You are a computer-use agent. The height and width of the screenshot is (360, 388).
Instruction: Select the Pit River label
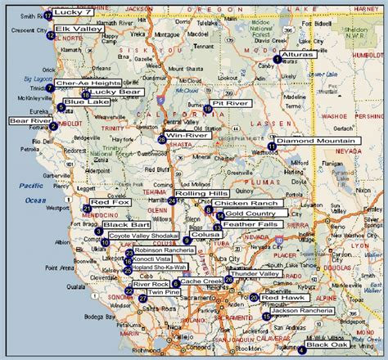pos(228,105)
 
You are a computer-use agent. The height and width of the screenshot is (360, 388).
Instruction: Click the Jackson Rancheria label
pos(301,311)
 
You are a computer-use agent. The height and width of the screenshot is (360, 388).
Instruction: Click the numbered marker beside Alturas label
pos(277,59)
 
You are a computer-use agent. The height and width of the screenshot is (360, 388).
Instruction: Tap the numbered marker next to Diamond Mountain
pos(272,146)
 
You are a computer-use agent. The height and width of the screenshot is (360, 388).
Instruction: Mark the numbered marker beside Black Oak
pos(302,350)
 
